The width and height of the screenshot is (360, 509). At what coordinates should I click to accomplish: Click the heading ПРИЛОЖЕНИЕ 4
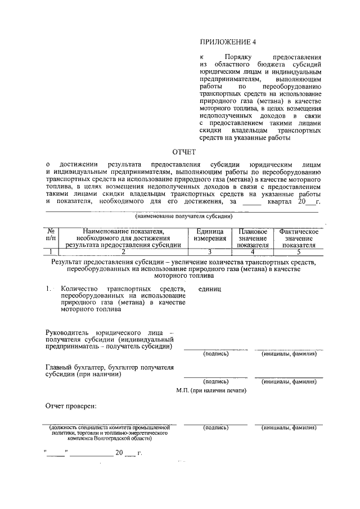(228, 42)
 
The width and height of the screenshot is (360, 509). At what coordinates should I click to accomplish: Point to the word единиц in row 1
(210, 289)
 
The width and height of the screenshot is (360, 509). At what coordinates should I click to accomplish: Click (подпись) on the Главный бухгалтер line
(215, 381)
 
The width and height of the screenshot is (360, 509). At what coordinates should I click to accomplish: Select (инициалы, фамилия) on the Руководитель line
(289, 354)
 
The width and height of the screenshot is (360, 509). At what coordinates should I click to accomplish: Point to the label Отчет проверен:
(71, 406)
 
